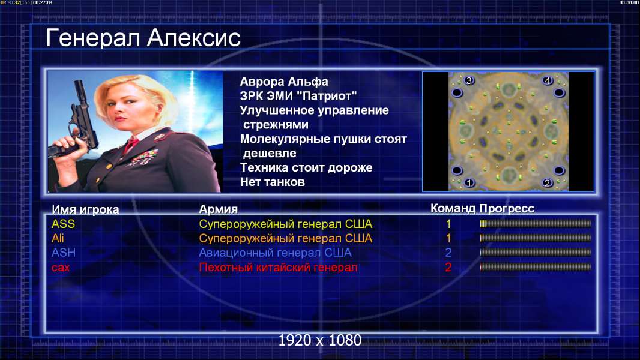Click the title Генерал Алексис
click(x=143, y=38)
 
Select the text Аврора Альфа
click(x=283, y=82)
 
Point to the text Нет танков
click(x=272, y=182)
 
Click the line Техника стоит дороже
click(x=306, y=167)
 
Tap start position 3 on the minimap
click(x=469, y=80)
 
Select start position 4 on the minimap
click(x=548, y=80)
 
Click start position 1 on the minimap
click(x=469, y=182)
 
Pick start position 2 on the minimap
click(x=548, y=182)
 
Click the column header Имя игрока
click(x=85, y=209)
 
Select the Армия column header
click(x=219, y=209)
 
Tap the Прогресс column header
click(x=507, y=208)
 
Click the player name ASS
click(x=63, y=224)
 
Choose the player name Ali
click(x=58, y=238)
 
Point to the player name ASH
click(x=64, y=253)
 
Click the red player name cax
click(x=61, y=268)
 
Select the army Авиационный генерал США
click(x=275, y=253)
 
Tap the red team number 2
click(x=448, y=268)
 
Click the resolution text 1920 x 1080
click(x=320, y=340)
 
